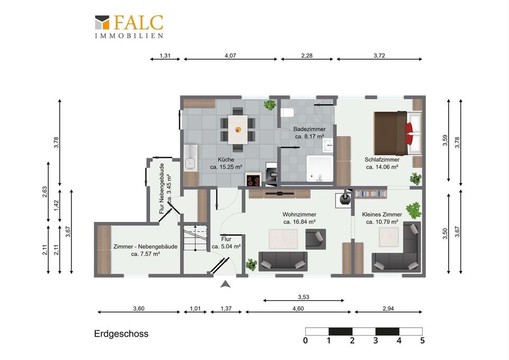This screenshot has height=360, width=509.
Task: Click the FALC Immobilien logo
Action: point(129,26)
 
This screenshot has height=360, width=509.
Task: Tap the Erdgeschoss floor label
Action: point(121,334)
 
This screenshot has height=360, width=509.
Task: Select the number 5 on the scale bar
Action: point(422,340)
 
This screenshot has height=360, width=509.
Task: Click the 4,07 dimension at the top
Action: point(230,56)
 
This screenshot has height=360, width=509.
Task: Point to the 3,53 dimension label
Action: point(303,297)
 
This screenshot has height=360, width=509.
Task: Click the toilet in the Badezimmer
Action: point(287,113)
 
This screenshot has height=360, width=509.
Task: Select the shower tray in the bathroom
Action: point(320,169)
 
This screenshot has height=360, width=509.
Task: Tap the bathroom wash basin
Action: point(328,145)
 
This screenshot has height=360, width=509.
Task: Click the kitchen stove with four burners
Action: point(253,180)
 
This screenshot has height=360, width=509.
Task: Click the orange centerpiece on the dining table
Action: point(238,129)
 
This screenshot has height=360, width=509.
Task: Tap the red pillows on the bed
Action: point(408,133)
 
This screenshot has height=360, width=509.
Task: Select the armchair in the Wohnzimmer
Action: point(315,239)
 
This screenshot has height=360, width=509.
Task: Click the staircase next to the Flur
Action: point(195,238)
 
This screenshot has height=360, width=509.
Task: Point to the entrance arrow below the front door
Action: point(225,285)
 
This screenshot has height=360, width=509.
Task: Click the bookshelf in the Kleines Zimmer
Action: point(371,194)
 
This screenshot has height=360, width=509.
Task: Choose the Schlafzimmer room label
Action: point(382,159)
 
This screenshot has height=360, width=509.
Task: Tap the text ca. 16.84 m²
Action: point(299,222)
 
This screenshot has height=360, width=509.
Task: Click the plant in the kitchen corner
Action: point(269,105)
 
